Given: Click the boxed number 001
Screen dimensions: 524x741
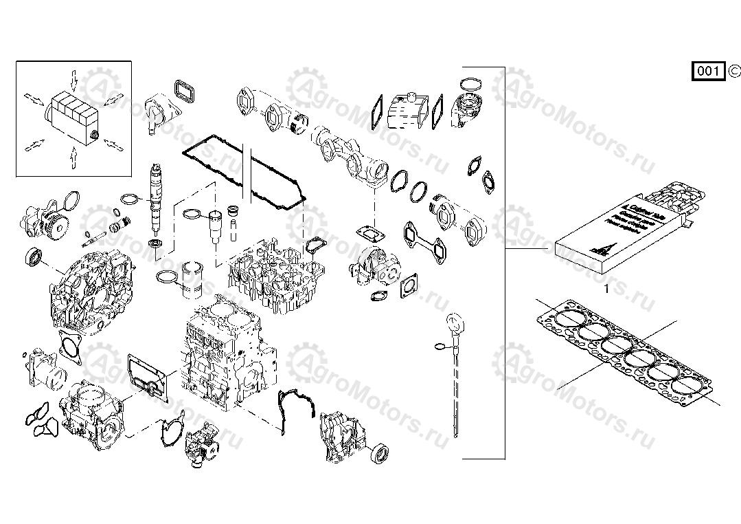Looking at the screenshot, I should [707, 71].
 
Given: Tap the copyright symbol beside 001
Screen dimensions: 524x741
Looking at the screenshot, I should [733, 70].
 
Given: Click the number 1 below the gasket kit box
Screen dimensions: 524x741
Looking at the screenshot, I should [606, 290].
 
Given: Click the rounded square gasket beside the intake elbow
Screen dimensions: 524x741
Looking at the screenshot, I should [183, 90].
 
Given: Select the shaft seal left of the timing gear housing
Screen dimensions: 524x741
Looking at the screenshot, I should [33, 258].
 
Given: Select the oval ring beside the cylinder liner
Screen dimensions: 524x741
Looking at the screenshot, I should [166, 277].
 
